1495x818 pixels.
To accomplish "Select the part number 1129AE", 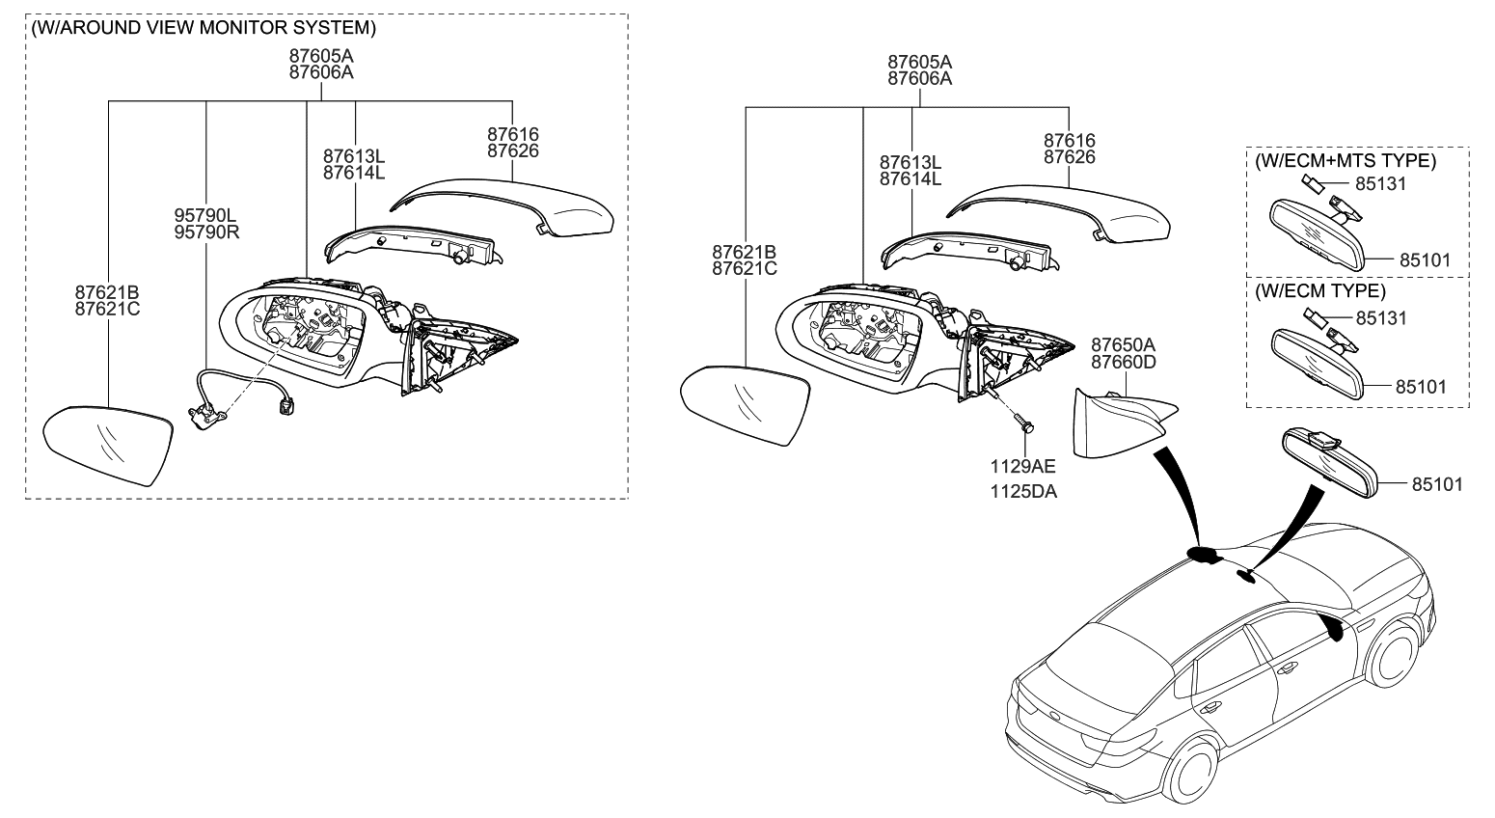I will point(1022,466).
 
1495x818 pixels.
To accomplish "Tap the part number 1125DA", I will point(1022,492).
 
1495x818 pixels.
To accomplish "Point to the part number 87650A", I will point(1123,345).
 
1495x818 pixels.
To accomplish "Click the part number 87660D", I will point(1123,362).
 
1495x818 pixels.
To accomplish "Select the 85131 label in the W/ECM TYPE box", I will point(1381,317).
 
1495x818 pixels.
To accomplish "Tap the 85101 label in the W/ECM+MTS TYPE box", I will point(1425,260).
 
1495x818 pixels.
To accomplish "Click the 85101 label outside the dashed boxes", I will point(1437,484).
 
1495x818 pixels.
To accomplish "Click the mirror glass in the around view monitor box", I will point(109,443).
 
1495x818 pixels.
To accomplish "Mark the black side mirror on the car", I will point(1335,628).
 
